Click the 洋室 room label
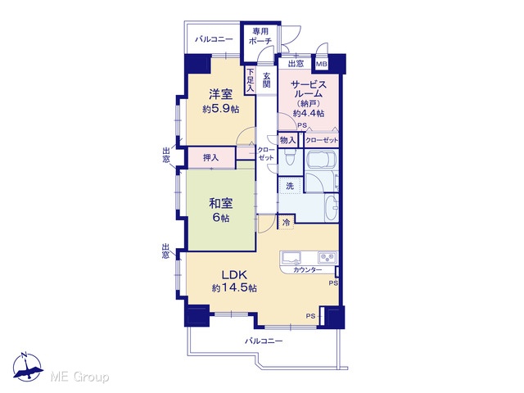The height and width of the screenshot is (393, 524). pyautogui.click(x=220, y=94)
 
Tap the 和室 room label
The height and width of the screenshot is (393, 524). pyautogui.click(x=220, y=203)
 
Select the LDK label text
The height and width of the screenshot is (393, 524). pyautogui.click(x=235, y=275)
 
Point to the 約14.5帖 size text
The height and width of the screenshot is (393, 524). pyautogui.click(x=234, y=287)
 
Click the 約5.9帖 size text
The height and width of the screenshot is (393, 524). pyautogui.click(x=220, y=109)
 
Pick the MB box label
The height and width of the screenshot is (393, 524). pyautogui.click(x=322, y=64)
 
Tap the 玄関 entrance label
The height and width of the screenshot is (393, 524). pyautogui.click(x=266, y=80)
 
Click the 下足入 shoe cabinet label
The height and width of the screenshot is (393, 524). pyautogui.click(x=251, y=80)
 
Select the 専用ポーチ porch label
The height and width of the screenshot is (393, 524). pyautogui.click(x=260, y=36)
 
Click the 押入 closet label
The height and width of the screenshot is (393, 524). pyautogui.click(x=211, y=157)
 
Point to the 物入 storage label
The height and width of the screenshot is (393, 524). pyautogui.click(x=287, y=140)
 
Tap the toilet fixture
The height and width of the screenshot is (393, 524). pyautogui.click(x=288, y=157)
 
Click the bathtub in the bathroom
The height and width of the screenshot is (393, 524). pyautogui.click(x=321, y=160)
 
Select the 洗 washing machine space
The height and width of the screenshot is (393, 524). pyautogui.click(x=290, y=186)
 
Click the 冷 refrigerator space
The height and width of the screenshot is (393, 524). pyautogui.click(x=286, y=222)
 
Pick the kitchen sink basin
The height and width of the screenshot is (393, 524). pyautogui.click(x=291, y=257)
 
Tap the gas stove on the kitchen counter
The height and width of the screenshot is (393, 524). pyautogui.click(x=327, y=257)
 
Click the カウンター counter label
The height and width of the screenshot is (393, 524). pyautogui.click(x=308, y=270)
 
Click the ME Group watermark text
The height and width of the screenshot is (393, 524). pyautogui.click(x=79, y=377)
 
